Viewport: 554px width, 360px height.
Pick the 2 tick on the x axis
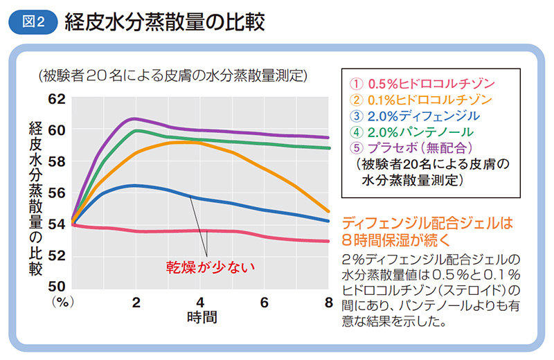coord(136,303)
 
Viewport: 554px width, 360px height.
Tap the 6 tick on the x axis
coord(264,303)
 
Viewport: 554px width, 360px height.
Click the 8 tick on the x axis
coord(328,303)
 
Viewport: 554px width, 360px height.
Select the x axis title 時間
coord(201,319)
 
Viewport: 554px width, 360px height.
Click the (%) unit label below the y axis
coord(62,303)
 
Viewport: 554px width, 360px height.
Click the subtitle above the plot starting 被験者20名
coord(173,75)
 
